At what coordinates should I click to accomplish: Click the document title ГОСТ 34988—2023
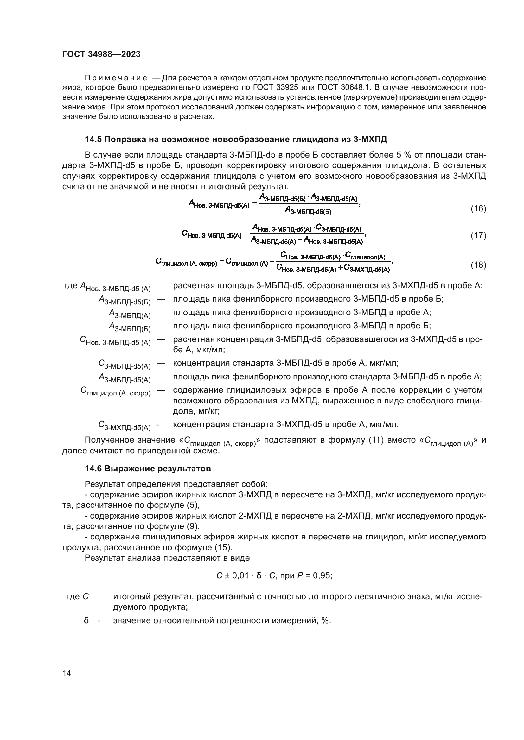click(x=101, y=54)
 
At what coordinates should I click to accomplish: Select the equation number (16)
click(x=478, y=208)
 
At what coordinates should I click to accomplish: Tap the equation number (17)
click(x=478, y=235)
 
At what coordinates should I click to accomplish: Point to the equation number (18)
click(x=478, y=265)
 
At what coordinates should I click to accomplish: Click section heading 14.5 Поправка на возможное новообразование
click(x=235, y=140)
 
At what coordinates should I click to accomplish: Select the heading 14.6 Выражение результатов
click(x=148, y=469)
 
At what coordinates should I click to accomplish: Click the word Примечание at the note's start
click(x=116, y=78)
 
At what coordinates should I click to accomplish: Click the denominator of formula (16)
click(x=308, y=211)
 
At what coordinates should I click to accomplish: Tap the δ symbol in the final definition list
click(x=86, y=620)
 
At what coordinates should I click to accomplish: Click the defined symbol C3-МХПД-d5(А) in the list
click(x=124, y=426)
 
